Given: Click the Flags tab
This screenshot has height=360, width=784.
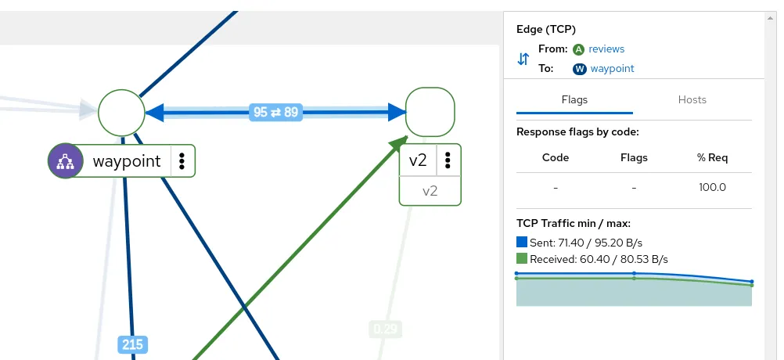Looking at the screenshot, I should coord(574,99).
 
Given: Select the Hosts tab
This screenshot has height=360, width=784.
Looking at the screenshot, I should coord(692,99).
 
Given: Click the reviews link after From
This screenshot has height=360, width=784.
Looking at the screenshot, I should coord(606,49).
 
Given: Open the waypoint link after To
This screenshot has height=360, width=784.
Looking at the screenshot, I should coord(612,68).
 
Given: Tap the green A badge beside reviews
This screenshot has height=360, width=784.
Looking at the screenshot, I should coord(579,49).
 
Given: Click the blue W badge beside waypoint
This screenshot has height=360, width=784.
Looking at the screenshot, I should coord(580,69).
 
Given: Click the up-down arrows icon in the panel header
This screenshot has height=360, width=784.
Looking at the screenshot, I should coord(523,59).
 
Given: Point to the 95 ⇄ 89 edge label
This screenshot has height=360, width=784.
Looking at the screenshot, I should coord(275,112).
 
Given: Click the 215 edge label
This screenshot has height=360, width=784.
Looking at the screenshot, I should coord(132,344).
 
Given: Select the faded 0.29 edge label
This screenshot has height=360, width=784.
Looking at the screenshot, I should coord(385,329).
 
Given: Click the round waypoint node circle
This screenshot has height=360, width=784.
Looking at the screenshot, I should coord(122,113).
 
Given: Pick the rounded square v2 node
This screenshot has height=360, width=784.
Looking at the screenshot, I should coord(430,113).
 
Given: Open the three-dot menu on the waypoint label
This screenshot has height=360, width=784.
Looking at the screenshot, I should coord(182,161).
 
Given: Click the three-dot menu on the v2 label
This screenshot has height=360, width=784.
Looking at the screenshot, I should coord(448,160).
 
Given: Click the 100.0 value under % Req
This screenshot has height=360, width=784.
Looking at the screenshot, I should coord(712,187).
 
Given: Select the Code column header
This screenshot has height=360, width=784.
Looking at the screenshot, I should coord(556,157).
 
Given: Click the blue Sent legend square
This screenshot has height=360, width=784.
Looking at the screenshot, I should coord(522,243).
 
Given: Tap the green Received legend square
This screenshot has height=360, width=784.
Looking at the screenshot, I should coord(522,258).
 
